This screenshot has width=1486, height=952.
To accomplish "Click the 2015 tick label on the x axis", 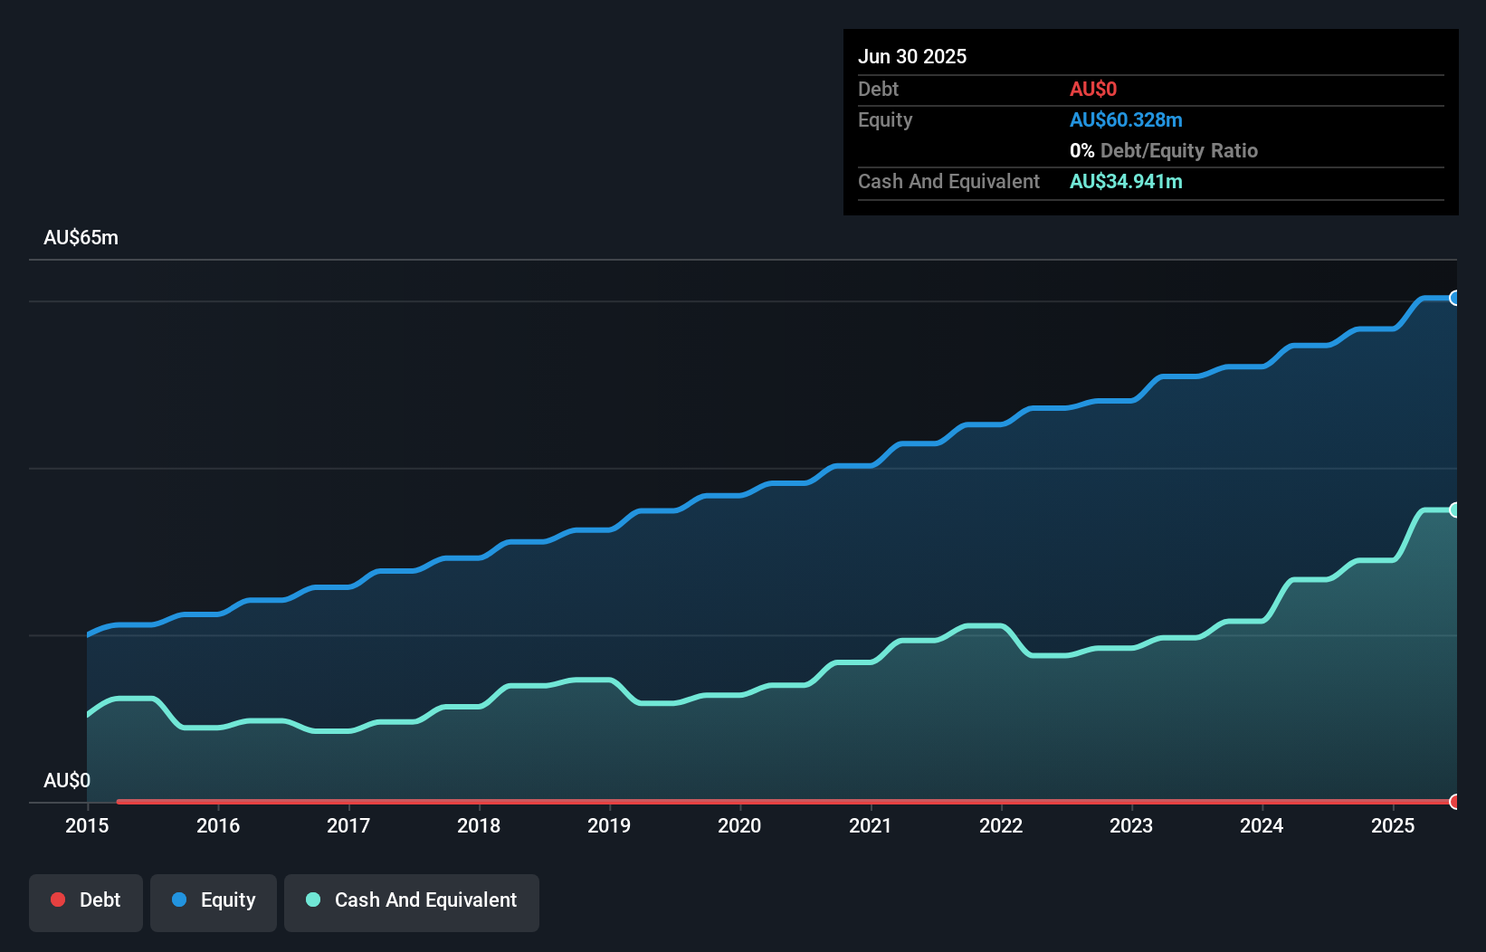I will click(87, 825).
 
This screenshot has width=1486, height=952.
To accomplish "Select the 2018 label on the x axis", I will click(479, 825).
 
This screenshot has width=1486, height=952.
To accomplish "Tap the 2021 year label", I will click(870, 825).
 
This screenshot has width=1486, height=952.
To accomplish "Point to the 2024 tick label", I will click(1262, 825).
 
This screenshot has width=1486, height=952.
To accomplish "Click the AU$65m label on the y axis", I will click(81, 238).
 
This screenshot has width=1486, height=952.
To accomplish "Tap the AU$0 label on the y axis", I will click(67, 780).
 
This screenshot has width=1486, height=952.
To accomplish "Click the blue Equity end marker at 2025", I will click(1454, 298).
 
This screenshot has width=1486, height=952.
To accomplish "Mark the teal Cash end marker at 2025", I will click(1454, 509).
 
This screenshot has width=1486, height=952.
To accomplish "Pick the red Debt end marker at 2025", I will click(1454, 802).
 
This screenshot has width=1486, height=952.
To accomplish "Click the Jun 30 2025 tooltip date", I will click(912, 56).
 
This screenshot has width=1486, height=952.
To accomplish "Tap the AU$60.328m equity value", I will click(1126, 119).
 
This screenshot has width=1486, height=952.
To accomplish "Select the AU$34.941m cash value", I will click(1126, 181).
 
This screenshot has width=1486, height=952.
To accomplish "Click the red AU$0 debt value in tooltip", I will click(1093, 89).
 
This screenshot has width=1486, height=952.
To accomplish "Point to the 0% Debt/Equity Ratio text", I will click(1163, 150).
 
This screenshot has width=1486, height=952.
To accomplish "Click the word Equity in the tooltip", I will click(885, 119).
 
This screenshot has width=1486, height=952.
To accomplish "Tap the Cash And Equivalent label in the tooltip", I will click(948, 181).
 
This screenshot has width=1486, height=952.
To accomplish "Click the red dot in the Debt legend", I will click(58, 900).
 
